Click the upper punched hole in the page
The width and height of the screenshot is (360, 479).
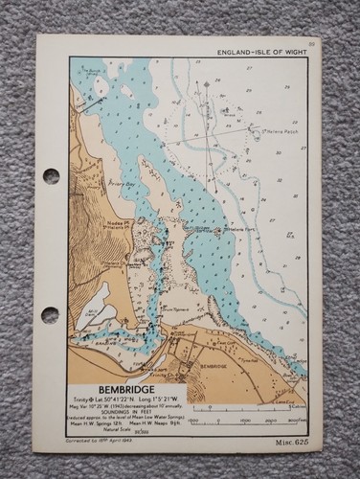[x=51, y=176]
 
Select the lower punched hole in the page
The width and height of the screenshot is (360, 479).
[x=50, y=314]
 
